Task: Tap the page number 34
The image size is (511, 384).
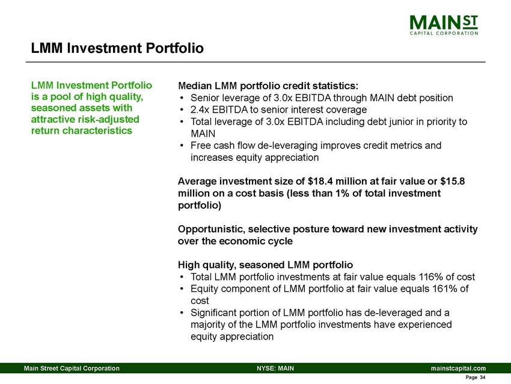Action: click(483, 377)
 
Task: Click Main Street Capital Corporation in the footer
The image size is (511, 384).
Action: click(72, 368)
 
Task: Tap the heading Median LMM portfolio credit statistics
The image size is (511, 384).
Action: click(269, 85)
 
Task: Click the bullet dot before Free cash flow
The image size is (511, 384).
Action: click(182, 146)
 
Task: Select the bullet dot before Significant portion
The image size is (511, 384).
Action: click(182, 313)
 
